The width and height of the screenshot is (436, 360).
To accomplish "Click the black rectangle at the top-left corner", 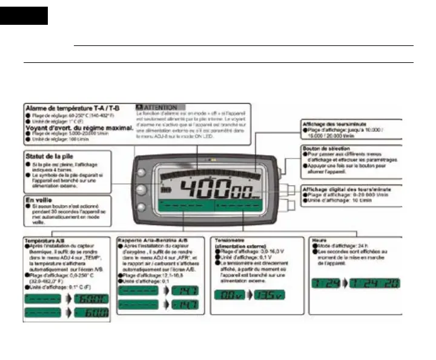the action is pyautogui.click(x=24, y=16).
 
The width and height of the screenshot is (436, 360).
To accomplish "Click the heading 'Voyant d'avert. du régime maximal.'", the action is pyautogui.click(x=79, y=128).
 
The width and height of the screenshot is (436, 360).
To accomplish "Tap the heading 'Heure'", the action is pyautogui.click(x=316, y=240).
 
